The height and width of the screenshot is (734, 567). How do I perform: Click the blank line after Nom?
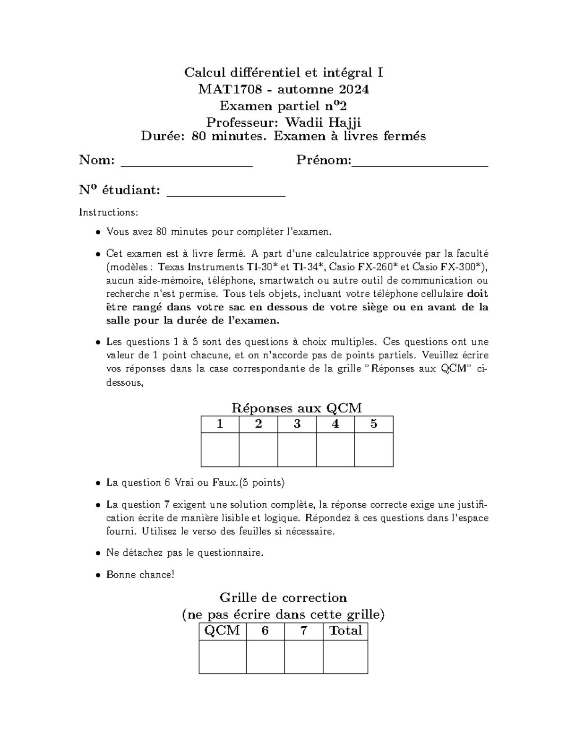point(187,164)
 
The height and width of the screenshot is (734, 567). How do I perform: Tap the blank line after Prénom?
point(420,164)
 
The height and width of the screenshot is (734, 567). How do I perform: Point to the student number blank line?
point(227,193)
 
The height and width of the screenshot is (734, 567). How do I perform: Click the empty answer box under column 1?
point(220,449)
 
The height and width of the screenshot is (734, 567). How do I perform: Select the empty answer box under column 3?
point(297,449)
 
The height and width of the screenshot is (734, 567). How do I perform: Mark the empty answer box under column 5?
point(374,449)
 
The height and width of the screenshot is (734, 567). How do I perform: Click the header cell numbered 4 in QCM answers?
point(335,424)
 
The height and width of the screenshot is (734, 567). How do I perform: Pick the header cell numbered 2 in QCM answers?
point(258,424)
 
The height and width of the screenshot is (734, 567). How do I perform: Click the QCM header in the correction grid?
point(222,630)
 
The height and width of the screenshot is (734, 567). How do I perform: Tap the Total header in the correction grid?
point(345,630)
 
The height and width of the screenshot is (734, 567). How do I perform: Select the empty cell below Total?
point(345,656)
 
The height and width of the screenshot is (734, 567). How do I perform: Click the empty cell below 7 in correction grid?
point(304,656)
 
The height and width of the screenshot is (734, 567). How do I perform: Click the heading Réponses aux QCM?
point(297,408)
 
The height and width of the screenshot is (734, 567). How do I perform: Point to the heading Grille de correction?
point(283,598)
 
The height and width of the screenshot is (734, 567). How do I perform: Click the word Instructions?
point(108,212)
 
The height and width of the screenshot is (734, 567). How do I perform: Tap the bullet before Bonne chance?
point(97,576)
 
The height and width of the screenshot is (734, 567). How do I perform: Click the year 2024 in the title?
point(351,89)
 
